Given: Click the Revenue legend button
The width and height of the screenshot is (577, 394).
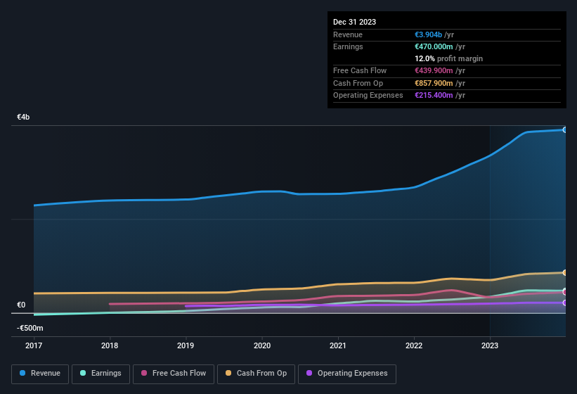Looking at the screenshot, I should click(41, 374).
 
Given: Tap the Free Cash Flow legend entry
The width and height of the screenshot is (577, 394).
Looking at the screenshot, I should click(174, 374).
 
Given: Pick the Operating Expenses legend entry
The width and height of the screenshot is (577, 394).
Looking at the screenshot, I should click(347, 374).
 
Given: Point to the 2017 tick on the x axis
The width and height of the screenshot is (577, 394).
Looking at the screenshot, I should click(34, 345).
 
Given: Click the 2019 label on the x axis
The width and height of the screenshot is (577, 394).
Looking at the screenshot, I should click(186, 345).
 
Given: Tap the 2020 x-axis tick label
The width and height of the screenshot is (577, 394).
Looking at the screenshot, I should click(261, 345).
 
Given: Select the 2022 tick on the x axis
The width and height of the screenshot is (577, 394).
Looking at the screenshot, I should click(414, 345).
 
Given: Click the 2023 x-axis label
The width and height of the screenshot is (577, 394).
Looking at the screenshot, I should click(490, 345).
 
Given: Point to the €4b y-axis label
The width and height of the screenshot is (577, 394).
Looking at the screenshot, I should click(24, 117).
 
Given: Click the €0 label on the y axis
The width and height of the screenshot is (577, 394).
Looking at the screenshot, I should click(21, 305).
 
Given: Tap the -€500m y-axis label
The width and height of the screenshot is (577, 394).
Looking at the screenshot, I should click(30, 328).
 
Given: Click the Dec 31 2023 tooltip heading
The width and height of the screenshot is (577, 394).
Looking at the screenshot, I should click(354, 22).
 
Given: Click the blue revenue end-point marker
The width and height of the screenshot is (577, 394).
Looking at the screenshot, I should click(564, 129).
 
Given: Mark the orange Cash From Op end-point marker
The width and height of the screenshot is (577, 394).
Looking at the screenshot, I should click(564, 272).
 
